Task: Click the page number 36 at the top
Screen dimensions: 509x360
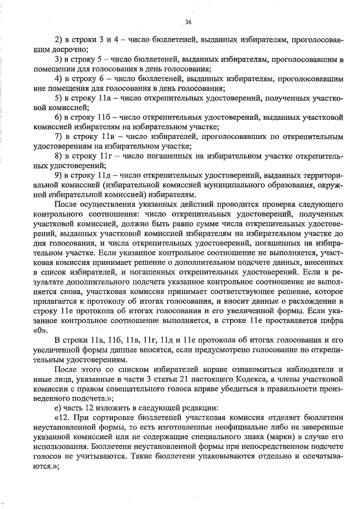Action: point(188,22)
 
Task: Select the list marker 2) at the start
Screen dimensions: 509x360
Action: point(58,40)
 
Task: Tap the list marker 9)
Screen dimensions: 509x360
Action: point(58,175)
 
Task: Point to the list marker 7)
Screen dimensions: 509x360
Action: point(58,137)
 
